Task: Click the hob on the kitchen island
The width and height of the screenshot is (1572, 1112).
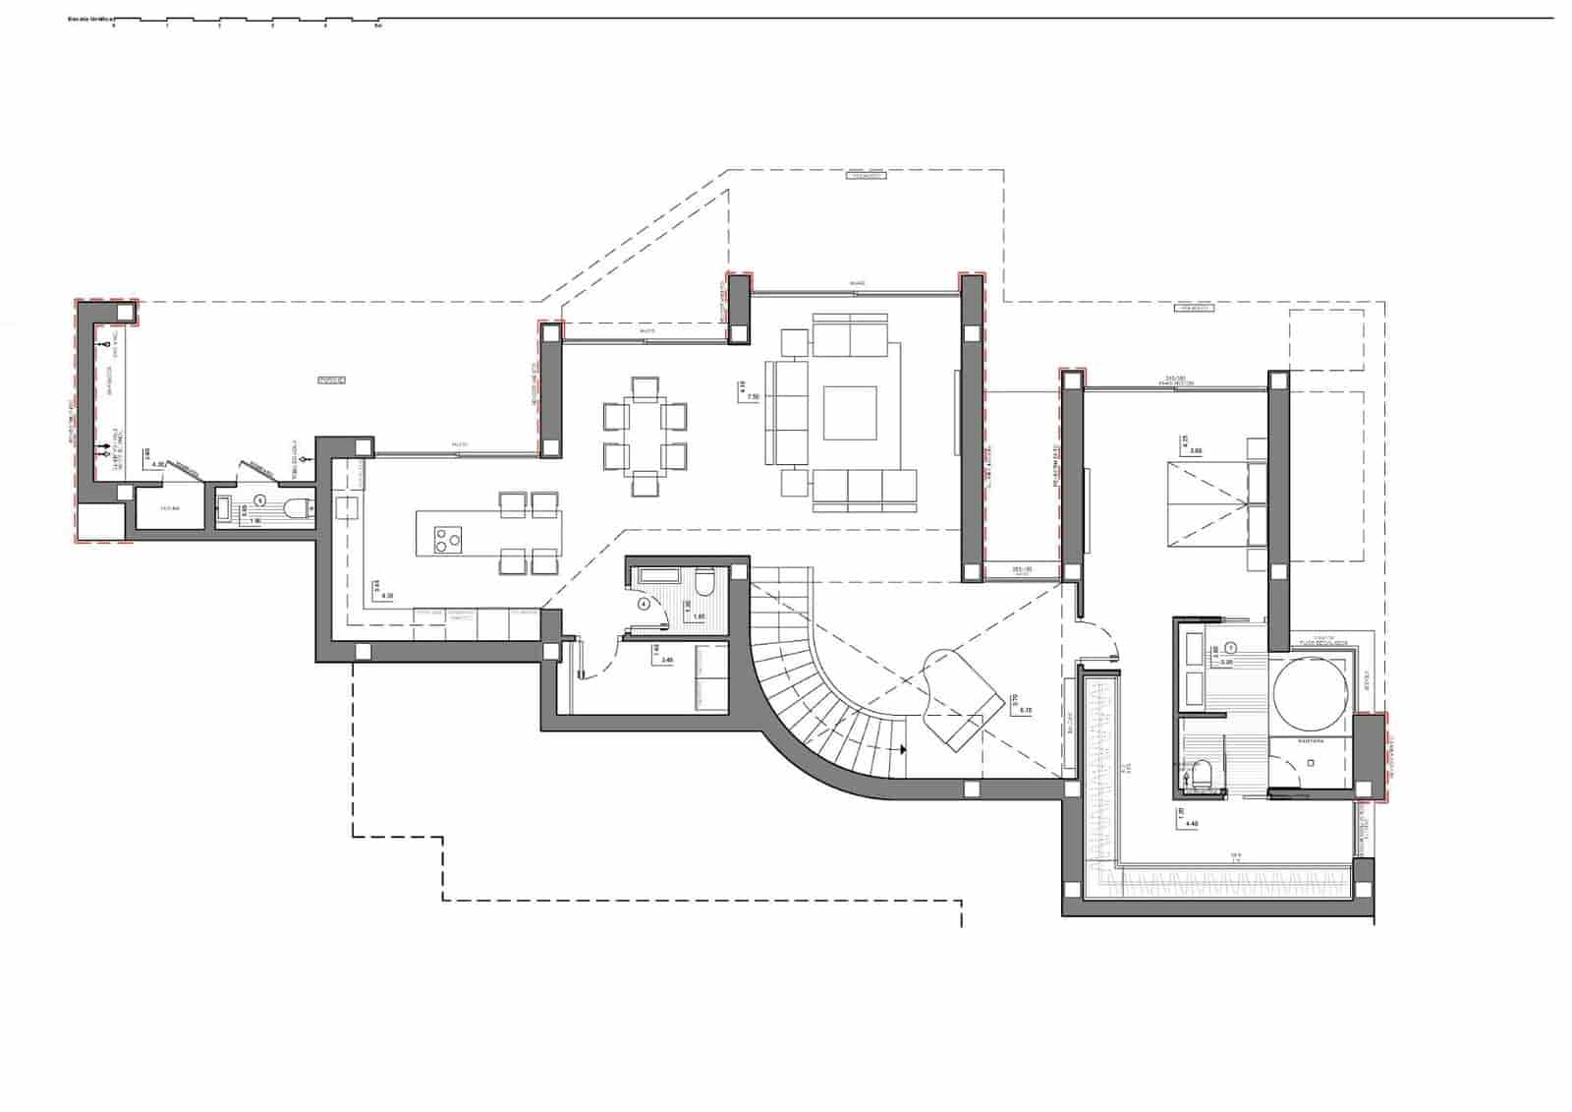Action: (448, 539)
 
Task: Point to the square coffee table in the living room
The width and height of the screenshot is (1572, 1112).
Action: (850, 413)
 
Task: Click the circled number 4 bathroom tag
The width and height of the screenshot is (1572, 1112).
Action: (645, 604)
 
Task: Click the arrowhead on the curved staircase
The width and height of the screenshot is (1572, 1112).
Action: (901, 749)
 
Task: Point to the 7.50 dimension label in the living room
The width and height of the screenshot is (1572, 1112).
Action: (754, 397)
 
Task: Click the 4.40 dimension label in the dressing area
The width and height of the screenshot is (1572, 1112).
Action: (1193, 824)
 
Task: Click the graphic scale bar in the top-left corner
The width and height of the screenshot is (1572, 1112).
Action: (246, 21)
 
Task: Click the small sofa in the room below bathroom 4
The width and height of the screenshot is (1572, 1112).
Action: (711, 677)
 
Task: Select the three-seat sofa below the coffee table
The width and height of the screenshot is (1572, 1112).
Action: (864, 489)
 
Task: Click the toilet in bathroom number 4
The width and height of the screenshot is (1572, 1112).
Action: (702, 587)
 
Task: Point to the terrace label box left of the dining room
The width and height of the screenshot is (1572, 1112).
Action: (332, 380)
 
